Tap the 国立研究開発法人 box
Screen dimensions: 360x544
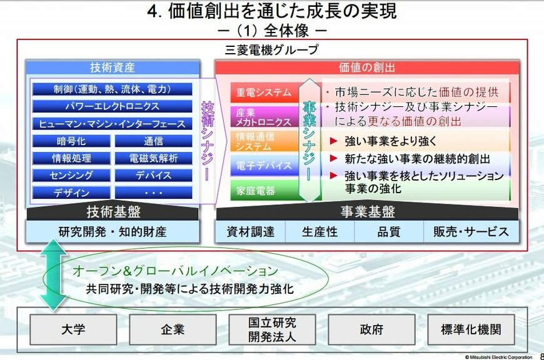[272, 329]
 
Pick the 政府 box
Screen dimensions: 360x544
[371, 329]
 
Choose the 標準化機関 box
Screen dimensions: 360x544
[470, 329]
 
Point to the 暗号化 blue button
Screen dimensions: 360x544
[71, 141]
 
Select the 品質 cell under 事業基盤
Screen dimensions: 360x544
[389, 232]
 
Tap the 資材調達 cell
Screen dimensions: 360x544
[250, 232]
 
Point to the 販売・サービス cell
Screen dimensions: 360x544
[471, 232]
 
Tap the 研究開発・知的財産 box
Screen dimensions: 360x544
[113, 232]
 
